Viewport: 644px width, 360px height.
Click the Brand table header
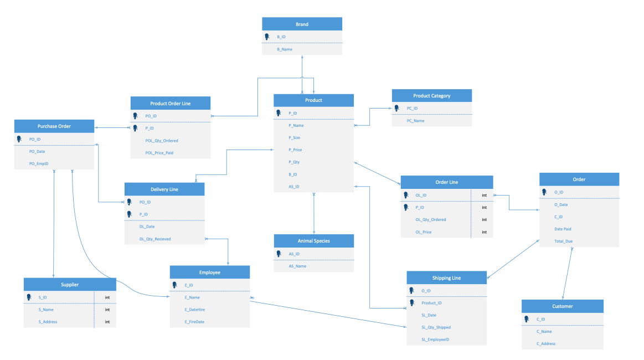pos(302,24)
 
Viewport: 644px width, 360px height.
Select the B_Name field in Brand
pos(285,49)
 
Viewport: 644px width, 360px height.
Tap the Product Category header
pos(432,96)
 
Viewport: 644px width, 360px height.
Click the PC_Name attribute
pos(415,121)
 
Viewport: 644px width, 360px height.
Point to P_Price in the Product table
pos(295,150)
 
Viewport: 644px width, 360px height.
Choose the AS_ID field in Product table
pos(294,187)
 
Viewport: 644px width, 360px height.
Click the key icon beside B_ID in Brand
pos(267,37)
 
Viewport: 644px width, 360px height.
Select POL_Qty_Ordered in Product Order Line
pos(162,141)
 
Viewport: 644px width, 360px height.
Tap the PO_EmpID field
pos(39,163)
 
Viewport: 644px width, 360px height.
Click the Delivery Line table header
pos(164,189)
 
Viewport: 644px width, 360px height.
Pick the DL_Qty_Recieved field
pos(155,239)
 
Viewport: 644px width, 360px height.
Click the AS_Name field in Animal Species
pos(297,266)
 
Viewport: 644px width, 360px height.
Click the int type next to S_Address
pos(107,322)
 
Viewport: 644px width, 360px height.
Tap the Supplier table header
pos(70,285)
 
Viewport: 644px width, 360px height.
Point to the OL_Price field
pos(424,232)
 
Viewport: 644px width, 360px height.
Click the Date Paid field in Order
pos(563,229)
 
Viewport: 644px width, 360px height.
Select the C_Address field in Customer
pos(546,343)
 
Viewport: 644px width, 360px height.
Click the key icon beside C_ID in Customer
pos(526,319)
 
